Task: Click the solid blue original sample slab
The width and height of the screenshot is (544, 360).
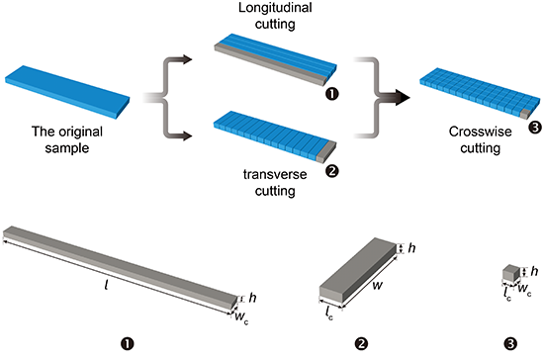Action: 67,92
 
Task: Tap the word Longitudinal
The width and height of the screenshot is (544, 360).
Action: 275,8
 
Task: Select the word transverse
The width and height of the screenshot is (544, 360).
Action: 275,174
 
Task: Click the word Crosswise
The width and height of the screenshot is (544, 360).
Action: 480,132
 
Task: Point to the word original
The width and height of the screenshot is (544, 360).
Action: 80,132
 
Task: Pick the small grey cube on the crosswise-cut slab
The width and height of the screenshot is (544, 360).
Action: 525,114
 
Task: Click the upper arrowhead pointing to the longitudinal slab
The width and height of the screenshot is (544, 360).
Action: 187,59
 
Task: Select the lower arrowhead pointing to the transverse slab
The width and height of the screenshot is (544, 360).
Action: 187,135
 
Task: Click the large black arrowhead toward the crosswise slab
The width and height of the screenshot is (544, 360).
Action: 403,98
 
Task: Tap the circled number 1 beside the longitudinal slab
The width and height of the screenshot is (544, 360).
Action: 332,94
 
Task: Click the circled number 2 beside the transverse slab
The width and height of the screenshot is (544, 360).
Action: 332,171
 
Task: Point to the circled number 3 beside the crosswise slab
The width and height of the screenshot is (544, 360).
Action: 535,128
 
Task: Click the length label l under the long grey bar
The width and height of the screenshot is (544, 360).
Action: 106,285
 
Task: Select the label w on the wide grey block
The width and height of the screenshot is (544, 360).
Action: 377,285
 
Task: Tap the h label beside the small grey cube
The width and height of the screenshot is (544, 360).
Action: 535,271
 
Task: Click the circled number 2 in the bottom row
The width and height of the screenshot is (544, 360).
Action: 361,344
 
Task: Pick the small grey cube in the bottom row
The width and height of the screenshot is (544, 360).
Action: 511,273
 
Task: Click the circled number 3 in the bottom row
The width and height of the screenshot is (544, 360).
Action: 511,344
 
